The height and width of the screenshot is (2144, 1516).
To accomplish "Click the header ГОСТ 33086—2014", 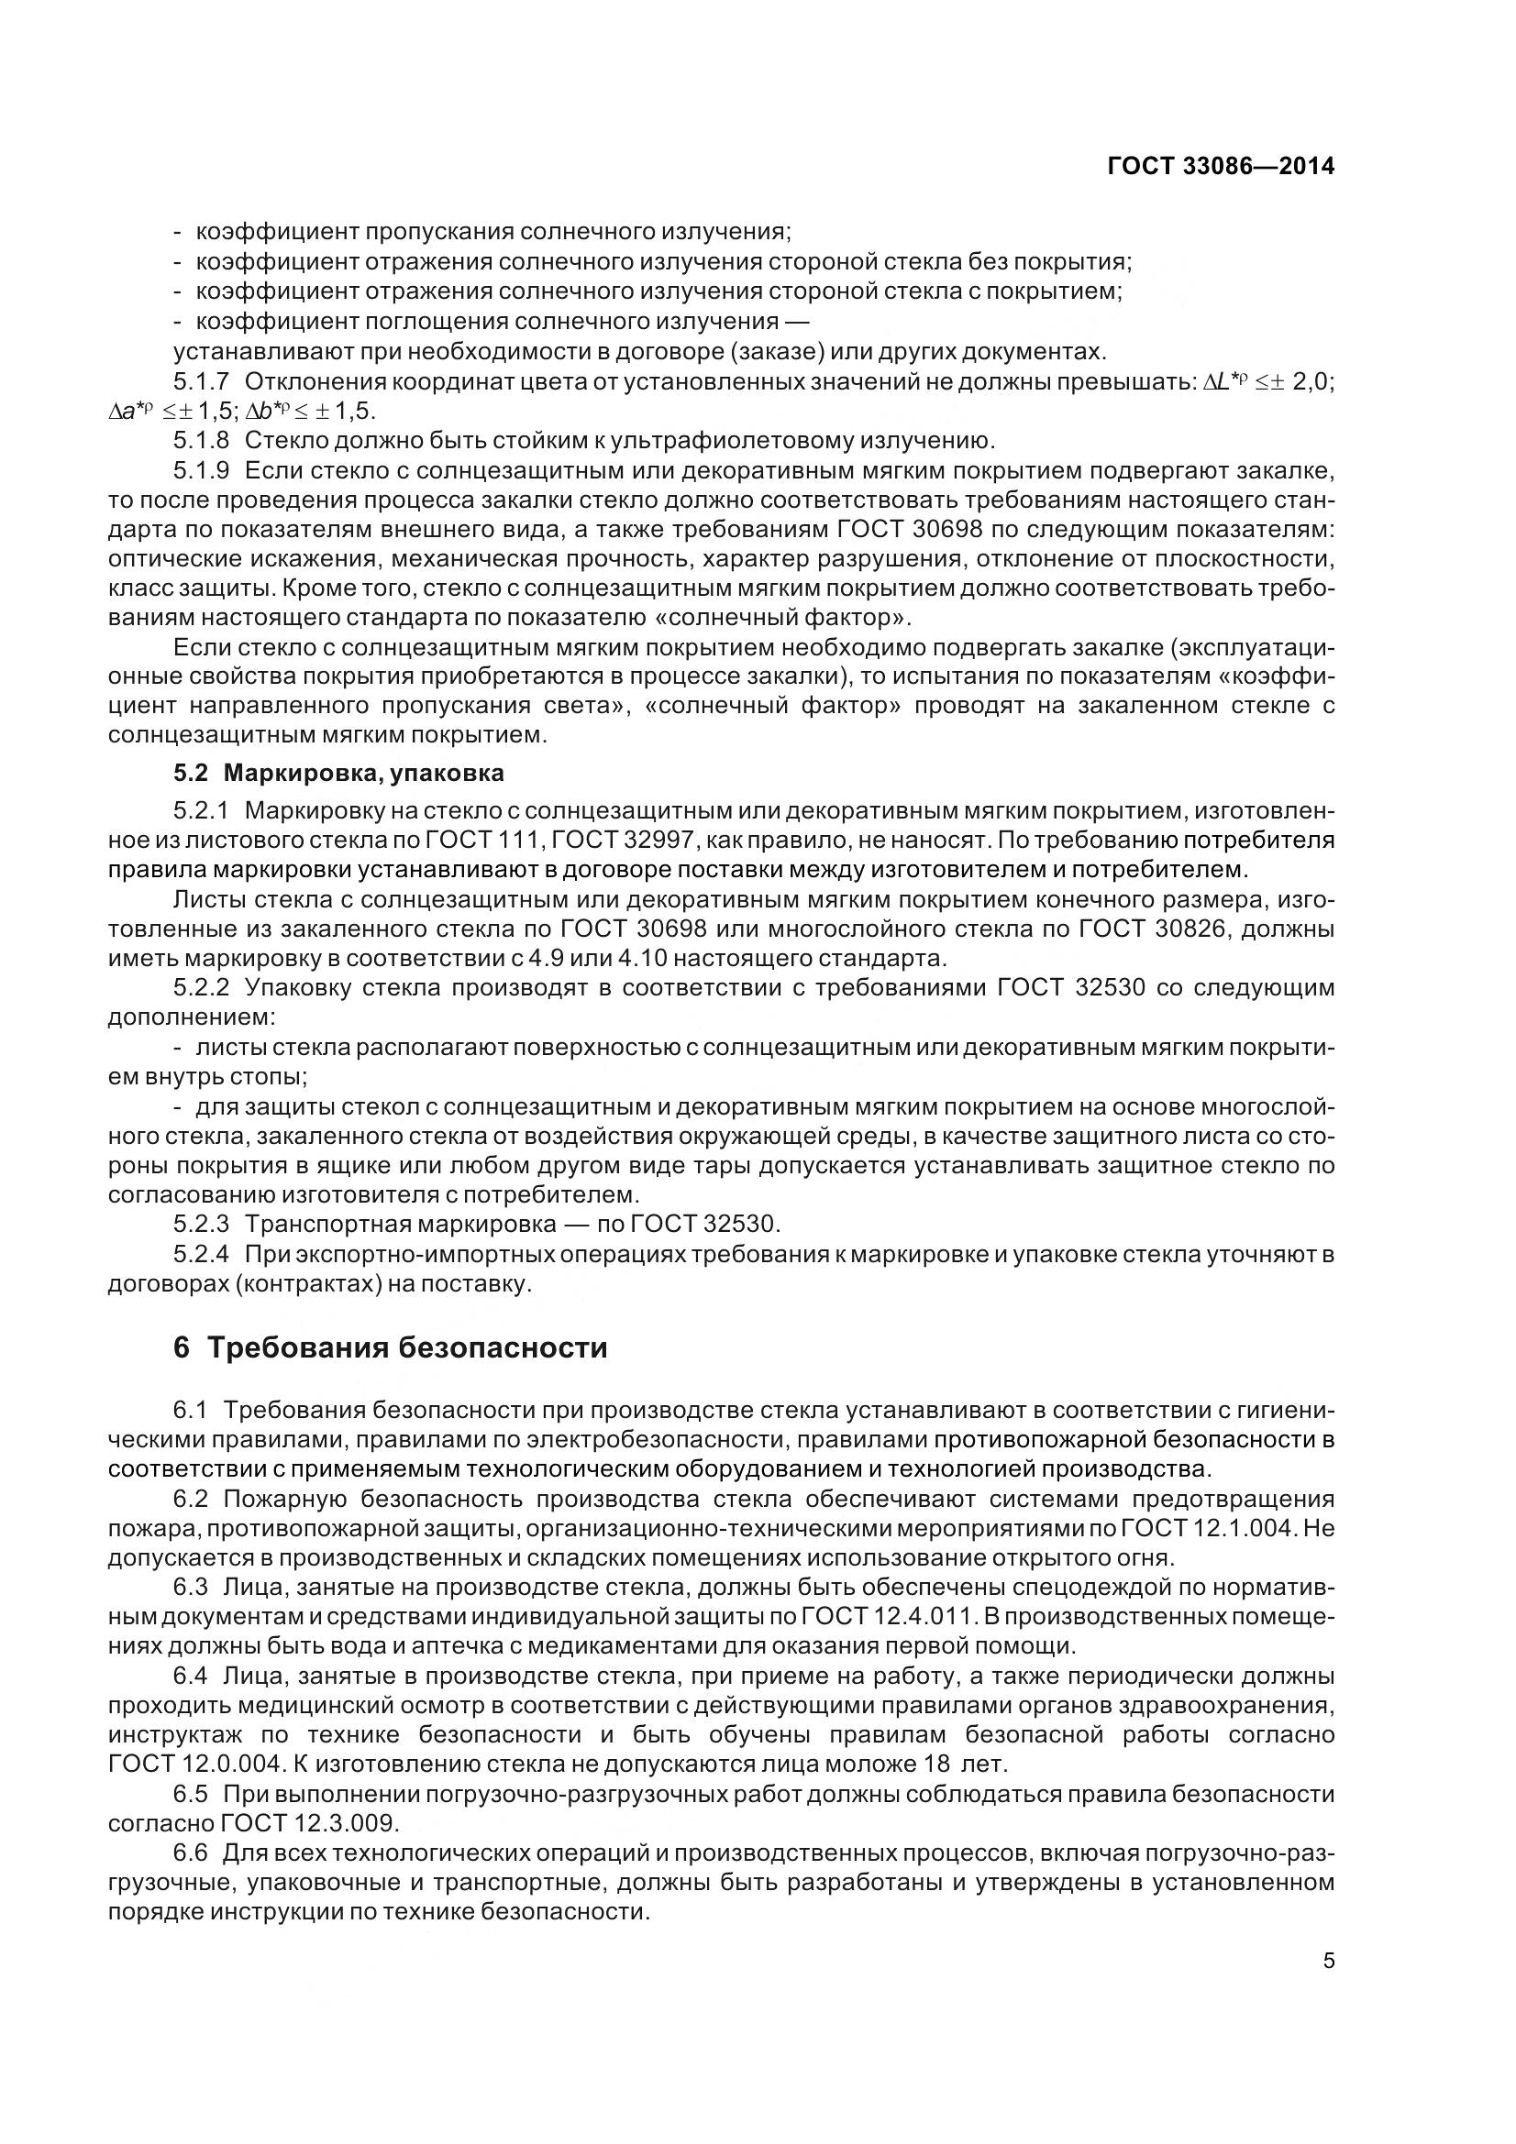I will pos(1220,166).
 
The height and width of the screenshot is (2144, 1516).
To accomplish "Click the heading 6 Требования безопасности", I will pos(391,1348).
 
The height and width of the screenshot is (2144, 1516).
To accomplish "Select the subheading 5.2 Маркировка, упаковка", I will pos(338,774).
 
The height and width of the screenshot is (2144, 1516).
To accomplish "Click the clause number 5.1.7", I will pos(201,382).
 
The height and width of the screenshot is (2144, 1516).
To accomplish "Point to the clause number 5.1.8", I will pos(201,441).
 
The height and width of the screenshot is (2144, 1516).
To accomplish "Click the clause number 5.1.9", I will pos(201,470).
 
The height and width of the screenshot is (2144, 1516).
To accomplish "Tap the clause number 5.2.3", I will pos(201,1224).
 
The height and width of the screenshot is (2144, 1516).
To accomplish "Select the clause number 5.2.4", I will pos(201,1254).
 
